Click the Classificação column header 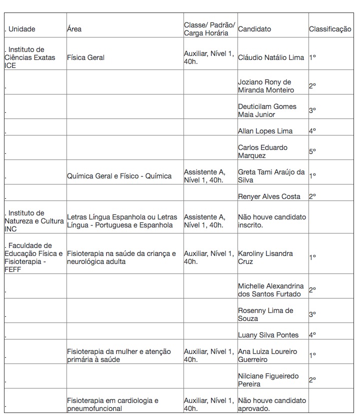[x=330, y=29]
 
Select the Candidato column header [x=254, y=29]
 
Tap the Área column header [x=74, y=29]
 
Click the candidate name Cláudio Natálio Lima [x=271, y=57]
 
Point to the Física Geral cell [x=85, y=57]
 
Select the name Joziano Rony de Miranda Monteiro [x=265, y=86]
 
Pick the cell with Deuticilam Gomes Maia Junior [x=267, y=110]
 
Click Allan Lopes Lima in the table [x=265, y=131]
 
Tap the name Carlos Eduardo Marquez [x=262, y=151]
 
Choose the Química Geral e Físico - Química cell [x=119, y=176]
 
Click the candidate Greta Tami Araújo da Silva [x=271, y=176]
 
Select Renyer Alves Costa [x=269, y=196]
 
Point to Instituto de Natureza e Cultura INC [x=34, y=221]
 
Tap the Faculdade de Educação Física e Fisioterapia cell [x=33, y=257]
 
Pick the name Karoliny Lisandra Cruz [x=265, y=257]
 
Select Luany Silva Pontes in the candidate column [x=268, y=335]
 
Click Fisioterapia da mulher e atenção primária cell [x=118, y=355]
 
